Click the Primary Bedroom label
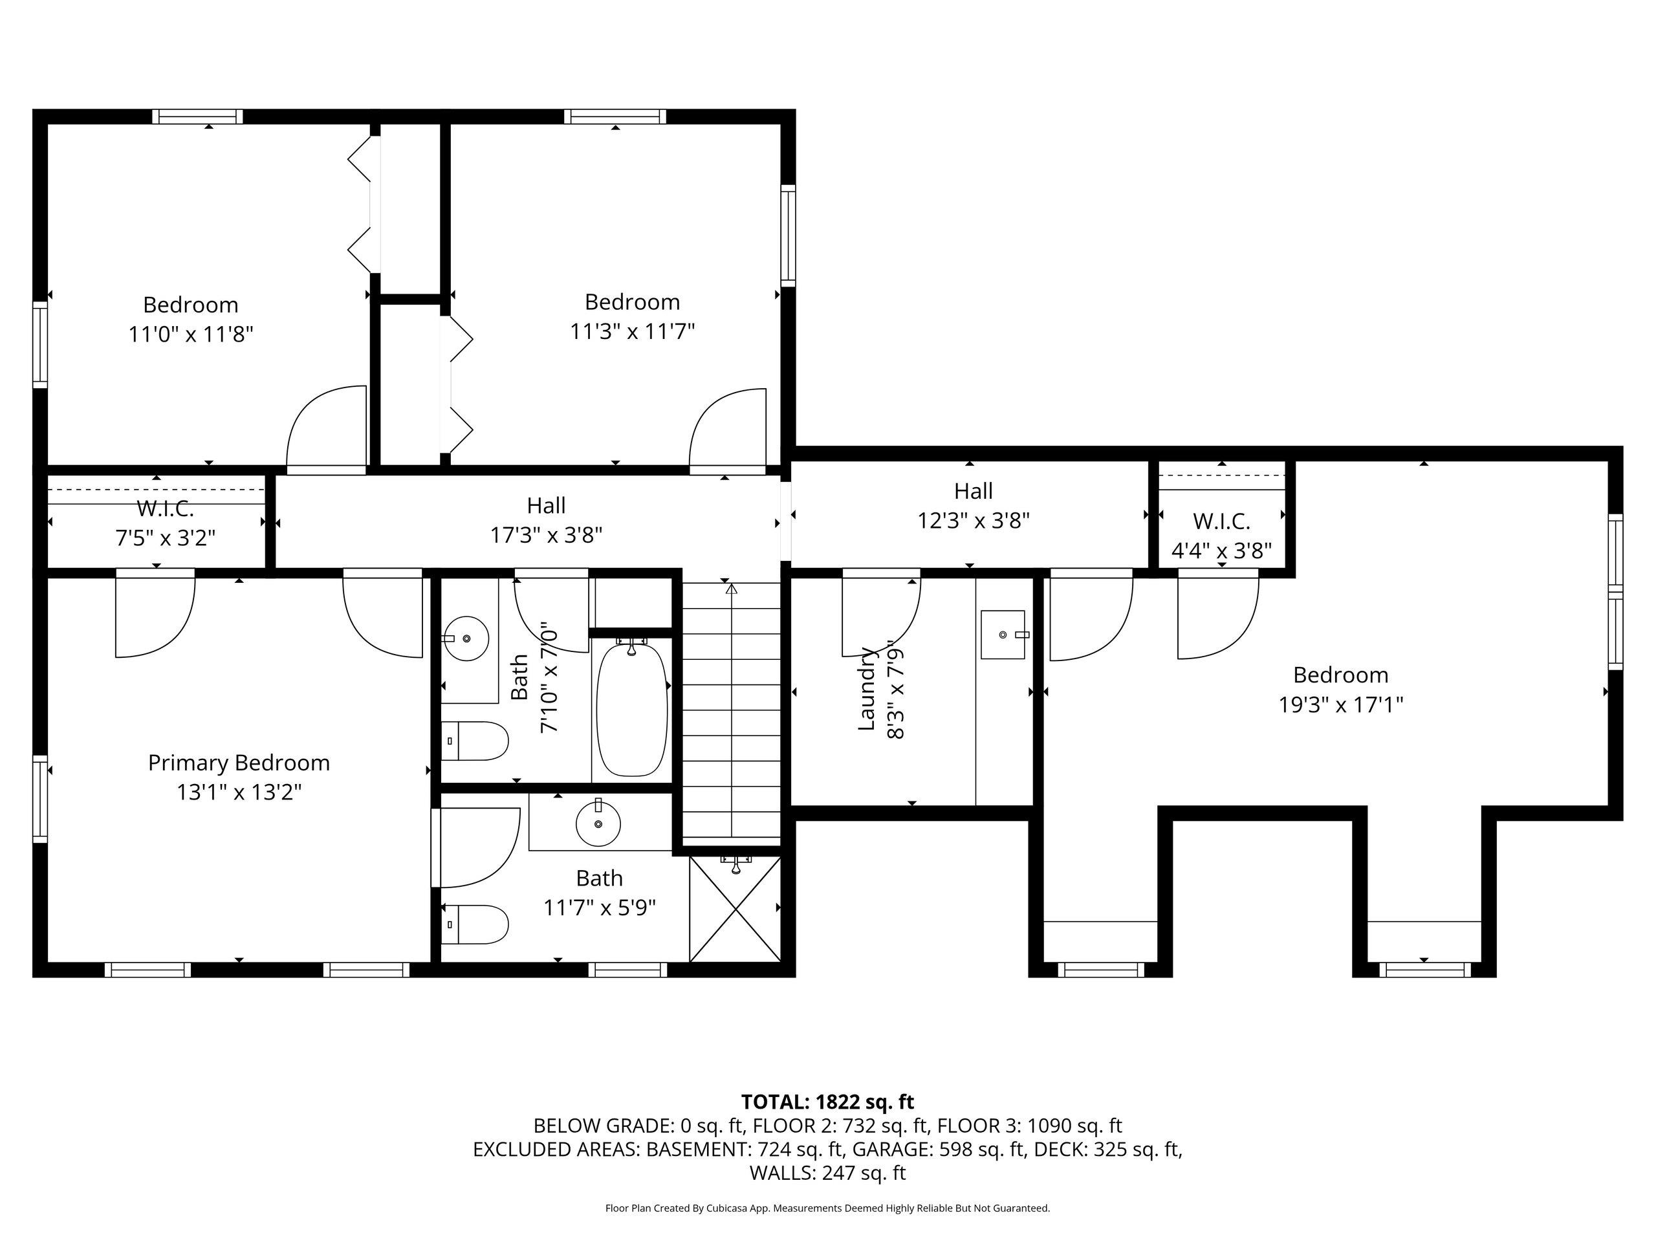click(239, 763)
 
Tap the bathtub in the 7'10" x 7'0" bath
click(631, 710)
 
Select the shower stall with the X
click(734, 909)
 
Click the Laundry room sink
click(1003, 635)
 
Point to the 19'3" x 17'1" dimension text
click(1341, 704)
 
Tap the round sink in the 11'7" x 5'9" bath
click(598, 824)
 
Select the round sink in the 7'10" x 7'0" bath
click(466, 638)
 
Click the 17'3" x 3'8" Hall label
click(546, 505)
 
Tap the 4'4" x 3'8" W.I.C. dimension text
click(1222, 551)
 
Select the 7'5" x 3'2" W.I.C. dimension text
click(166, 538)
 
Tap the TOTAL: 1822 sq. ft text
click(827, 1102)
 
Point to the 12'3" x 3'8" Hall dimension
click(974, 520)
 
